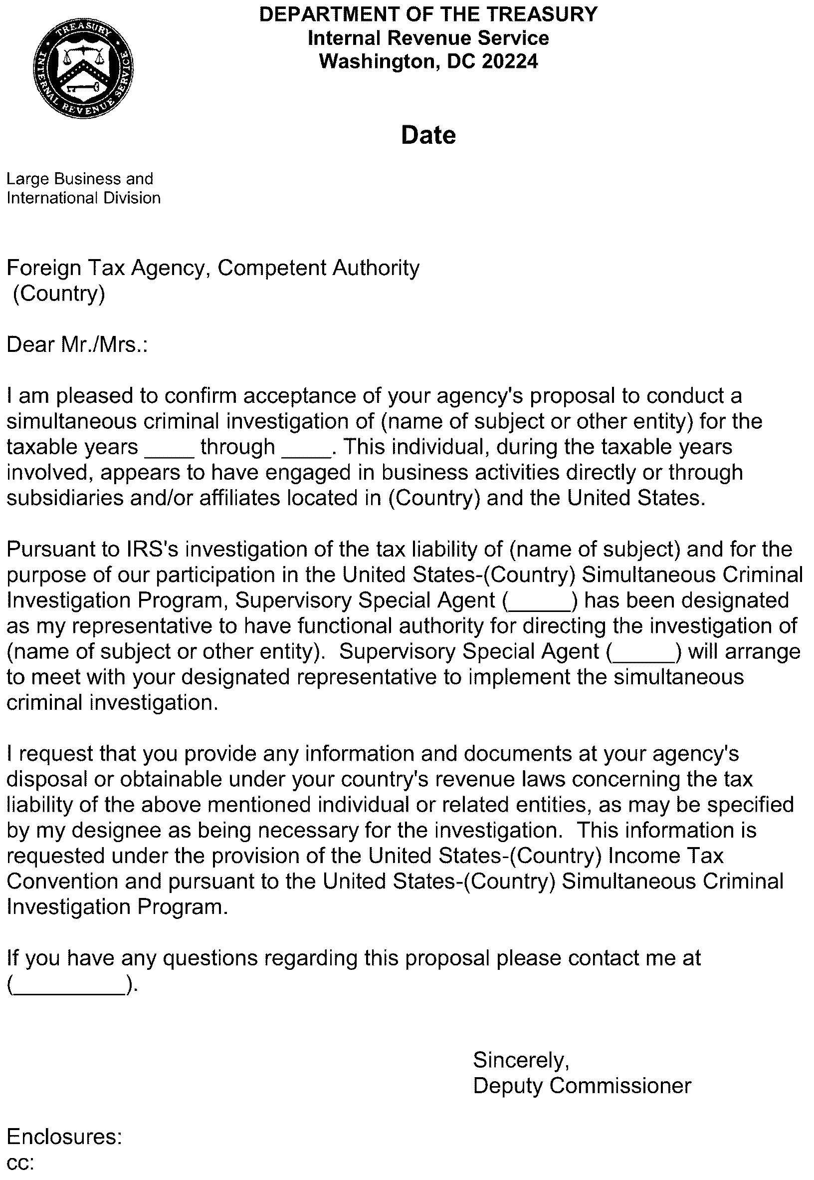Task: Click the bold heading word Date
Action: coord(428,136)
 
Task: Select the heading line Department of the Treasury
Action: coord(428,14)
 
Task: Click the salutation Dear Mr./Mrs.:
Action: coord(77,344)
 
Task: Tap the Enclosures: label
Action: coord(64,1137)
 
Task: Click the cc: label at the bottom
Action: coord(20,1162)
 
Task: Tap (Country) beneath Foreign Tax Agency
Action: coord(59,294)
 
